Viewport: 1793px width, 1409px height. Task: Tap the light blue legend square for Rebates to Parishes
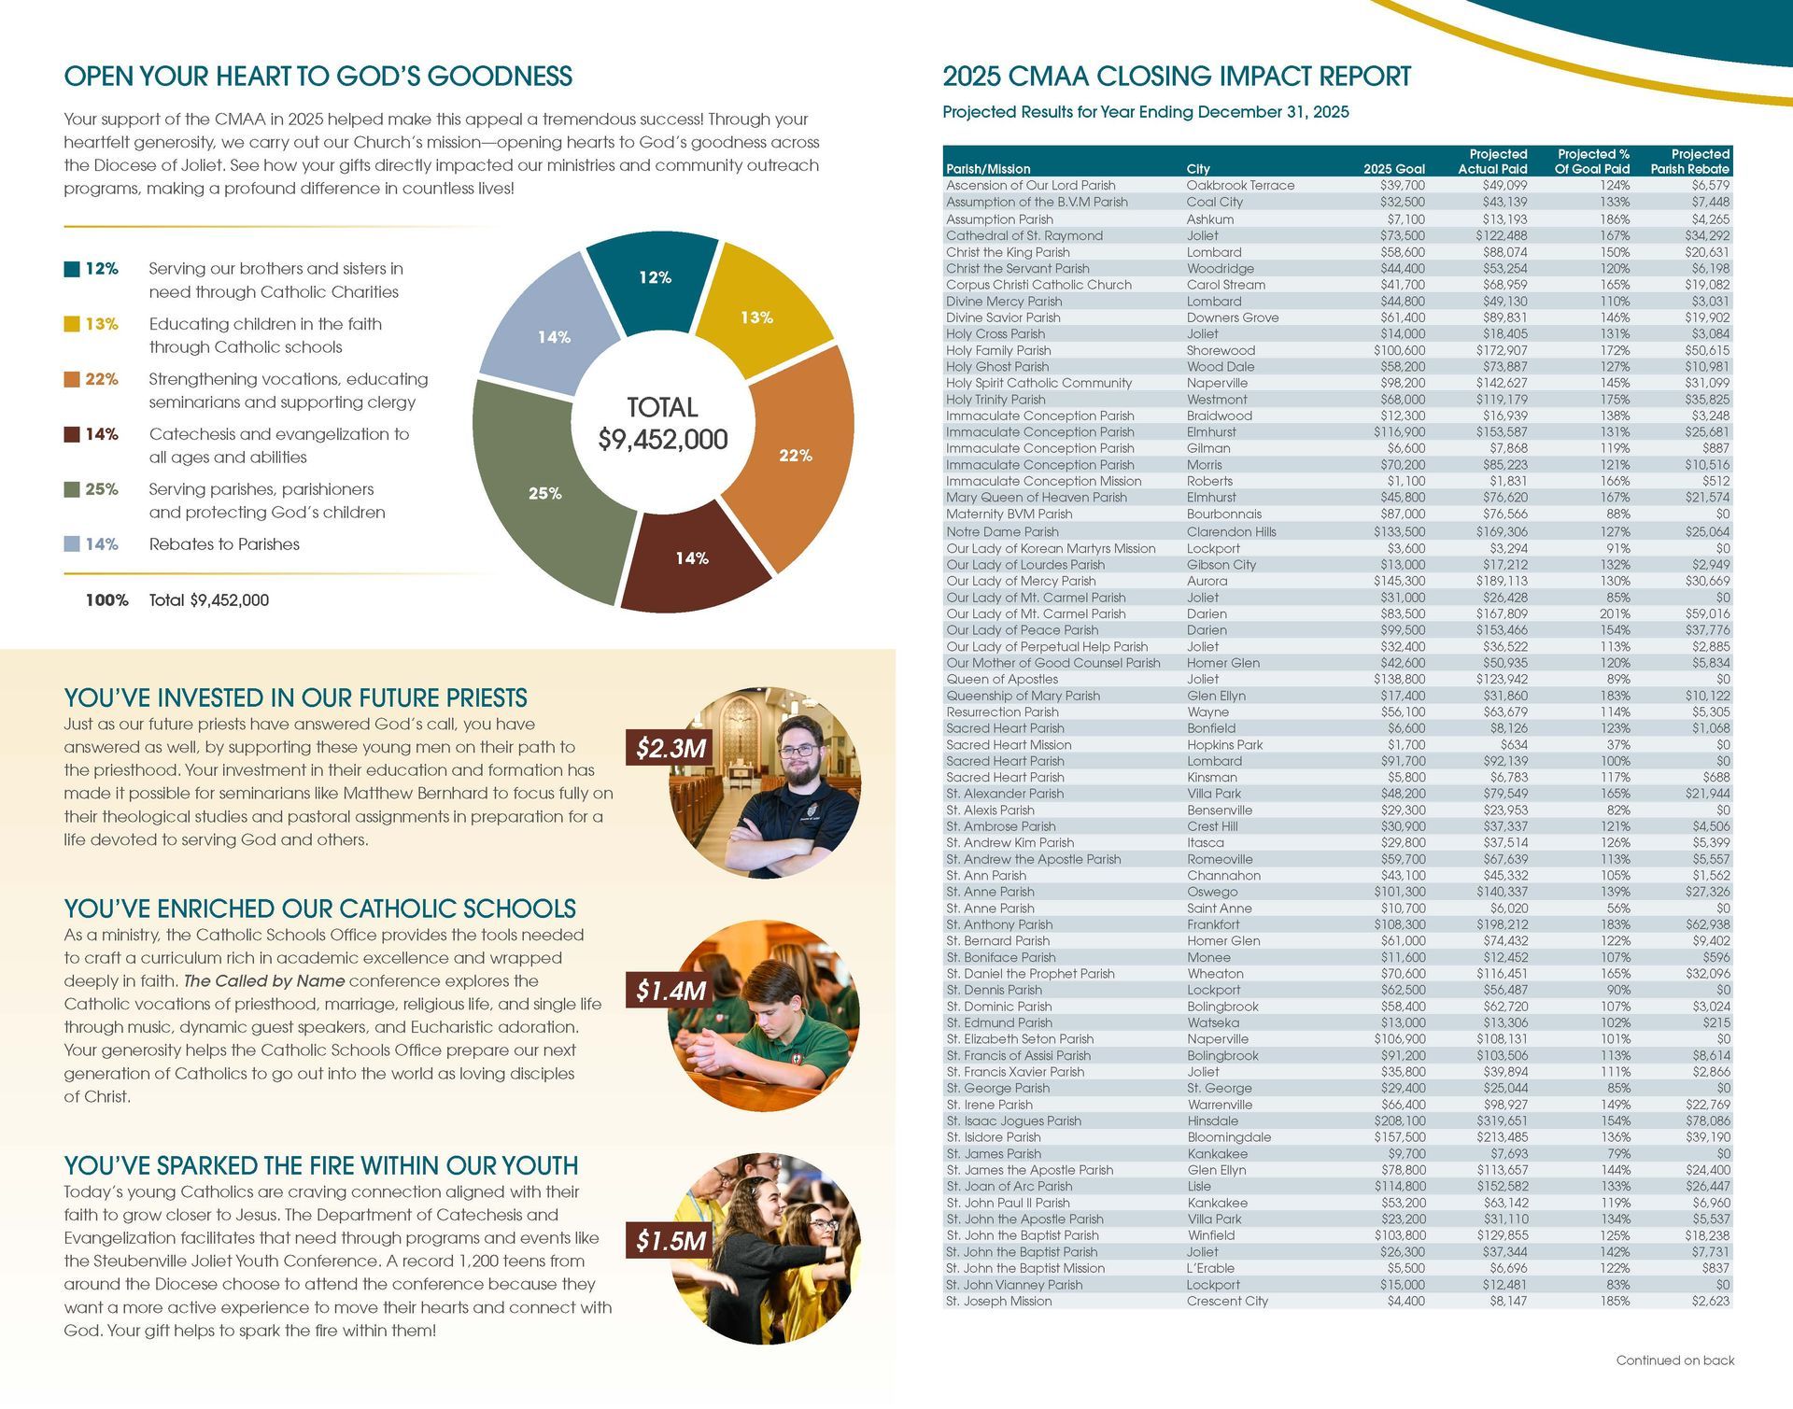[72, 544]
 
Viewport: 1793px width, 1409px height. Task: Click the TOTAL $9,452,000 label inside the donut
[662, 424]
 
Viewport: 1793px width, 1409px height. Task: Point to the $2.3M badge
[671, 748]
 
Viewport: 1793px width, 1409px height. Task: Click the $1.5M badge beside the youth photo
[671, 1240]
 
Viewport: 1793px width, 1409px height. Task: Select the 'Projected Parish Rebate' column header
[1689, 162]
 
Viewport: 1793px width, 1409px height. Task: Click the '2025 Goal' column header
[1393, 169]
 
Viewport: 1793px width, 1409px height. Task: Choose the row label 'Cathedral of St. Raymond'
[1024, 235]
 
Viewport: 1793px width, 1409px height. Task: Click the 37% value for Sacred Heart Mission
[1618, 744]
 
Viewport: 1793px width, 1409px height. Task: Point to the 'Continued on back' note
[1674, 1360]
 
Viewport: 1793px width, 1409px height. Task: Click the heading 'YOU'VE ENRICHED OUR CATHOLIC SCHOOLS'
[319, 909]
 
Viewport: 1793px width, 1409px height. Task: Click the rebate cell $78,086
[1704, 1120]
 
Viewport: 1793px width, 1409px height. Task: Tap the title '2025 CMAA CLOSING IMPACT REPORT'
[1177, 77]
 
